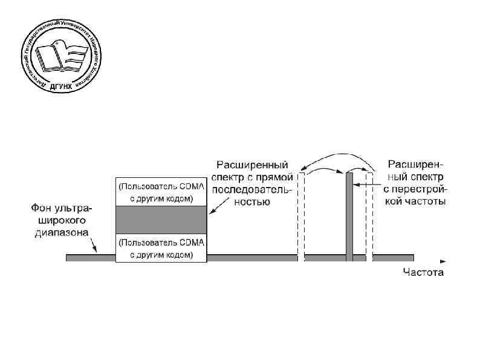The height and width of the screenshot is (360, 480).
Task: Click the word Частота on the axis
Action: [423, 272]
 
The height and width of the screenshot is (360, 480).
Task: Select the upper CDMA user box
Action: [161, 192]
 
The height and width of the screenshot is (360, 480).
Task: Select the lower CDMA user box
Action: [161, 249]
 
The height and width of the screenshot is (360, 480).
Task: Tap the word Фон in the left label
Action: [44, 208]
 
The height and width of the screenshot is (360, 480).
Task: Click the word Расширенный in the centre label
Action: [253, 165]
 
